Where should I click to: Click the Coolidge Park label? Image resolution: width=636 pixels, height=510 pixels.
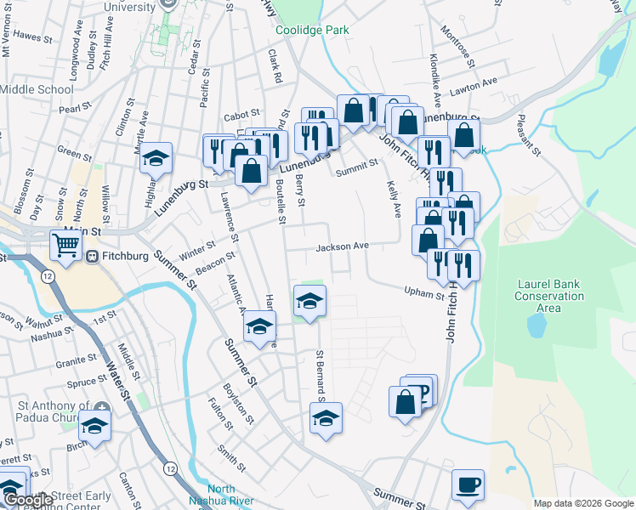(312, 30)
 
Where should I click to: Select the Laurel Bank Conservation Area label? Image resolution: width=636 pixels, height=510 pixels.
(549, 296)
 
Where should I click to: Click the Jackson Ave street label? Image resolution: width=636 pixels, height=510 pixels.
(343, 246)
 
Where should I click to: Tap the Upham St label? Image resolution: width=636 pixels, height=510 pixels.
(425, 294)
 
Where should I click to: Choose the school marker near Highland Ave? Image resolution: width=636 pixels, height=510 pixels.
(156, 159)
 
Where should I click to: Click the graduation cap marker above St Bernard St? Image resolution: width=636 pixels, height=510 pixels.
(309, 300)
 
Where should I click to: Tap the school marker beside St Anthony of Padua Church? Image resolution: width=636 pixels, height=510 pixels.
(95, 425)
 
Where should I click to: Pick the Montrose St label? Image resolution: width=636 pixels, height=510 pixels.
(456, 43)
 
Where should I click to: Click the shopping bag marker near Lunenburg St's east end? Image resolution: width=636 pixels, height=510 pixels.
(463, 135)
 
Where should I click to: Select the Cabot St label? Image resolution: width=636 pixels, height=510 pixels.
(241, 116)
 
